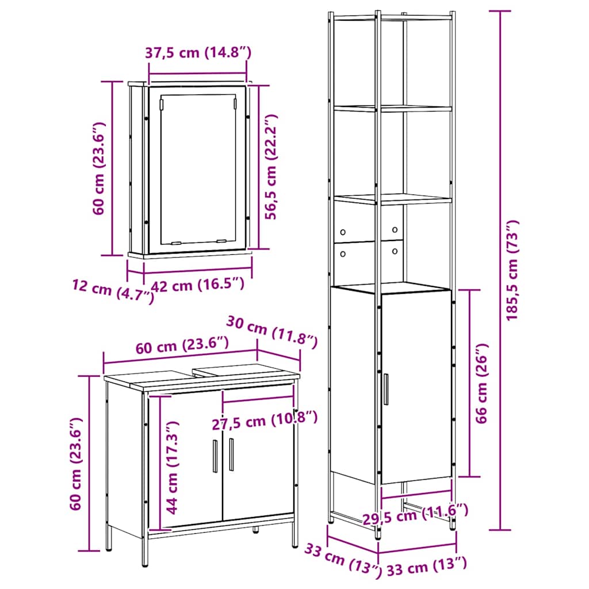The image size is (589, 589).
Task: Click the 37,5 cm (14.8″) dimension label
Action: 198,52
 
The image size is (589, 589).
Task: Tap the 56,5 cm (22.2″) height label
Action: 271,167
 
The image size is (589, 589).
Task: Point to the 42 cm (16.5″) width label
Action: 198,285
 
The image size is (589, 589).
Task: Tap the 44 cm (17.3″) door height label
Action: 173,468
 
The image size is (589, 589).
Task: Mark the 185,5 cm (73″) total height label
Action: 512,270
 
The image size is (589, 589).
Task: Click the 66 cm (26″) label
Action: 481,383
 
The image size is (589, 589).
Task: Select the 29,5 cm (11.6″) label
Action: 415,514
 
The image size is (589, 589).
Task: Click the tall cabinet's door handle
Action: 386,389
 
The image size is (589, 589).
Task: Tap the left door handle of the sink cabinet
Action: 215,456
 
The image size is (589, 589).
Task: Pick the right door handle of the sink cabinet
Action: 231,454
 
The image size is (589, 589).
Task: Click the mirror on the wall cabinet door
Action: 198,169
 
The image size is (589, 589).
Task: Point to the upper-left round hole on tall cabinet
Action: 343,232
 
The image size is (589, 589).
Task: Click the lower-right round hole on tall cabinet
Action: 395,251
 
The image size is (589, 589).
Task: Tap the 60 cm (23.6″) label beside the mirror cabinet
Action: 99,169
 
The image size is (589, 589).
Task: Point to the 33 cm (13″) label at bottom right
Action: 427,566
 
